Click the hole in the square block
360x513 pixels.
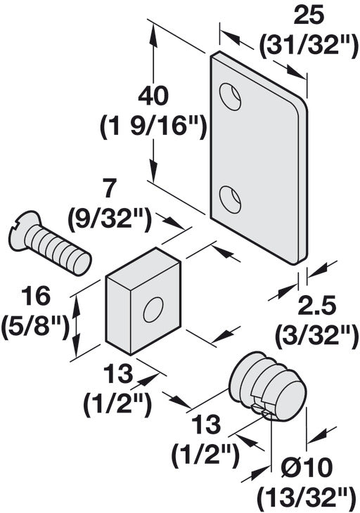(153, 309)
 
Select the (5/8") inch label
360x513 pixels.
(36, 327)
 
